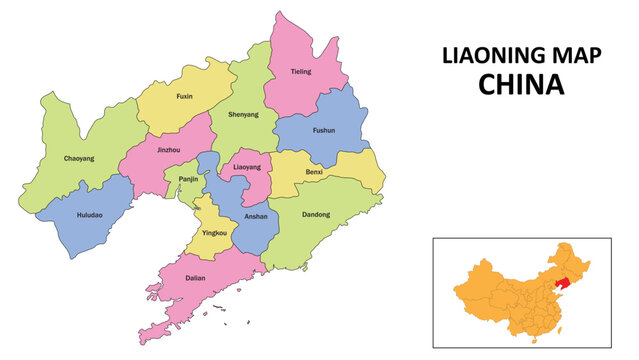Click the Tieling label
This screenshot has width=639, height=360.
coord(301,72)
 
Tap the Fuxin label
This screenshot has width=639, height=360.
coord(184,97)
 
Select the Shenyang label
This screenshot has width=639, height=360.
coord(243,115)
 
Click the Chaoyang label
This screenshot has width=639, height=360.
coord(80,158)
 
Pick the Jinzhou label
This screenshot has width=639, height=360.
coord(169,150)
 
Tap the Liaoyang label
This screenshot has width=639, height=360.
coord(246,168)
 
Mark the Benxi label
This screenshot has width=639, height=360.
coord(315,172)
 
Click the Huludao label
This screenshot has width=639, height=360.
coord(88,215)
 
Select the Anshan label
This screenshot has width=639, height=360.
coord(255,216)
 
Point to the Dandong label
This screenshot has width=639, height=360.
coord(315,215)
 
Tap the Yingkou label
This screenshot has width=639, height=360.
coord(214,233)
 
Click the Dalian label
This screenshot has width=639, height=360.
coord(196,279)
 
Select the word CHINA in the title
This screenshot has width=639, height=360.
coord(521,86)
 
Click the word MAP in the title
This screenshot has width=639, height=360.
coord(575,56)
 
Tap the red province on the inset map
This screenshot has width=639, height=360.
coord(565,283)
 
